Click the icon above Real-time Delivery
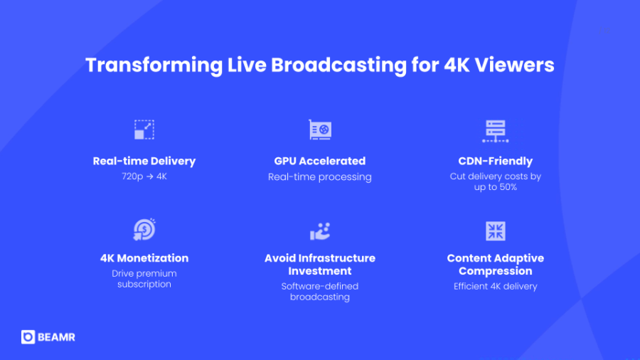[144, 129]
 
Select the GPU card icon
[320, 129]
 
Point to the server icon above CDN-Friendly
[496, 129]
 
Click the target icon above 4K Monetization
[144, 230]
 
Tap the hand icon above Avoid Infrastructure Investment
[320, 231]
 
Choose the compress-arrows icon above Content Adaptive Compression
[496, 231]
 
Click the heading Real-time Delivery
[144, 161]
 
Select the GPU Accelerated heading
[320, 161]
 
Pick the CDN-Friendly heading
[496, 161]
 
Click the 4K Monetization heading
[144, 258]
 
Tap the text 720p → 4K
[144, 176]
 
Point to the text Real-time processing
[320, 176]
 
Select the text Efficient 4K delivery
[496, 286]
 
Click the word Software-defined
[320, 286]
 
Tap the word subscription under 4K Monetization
[144, 284]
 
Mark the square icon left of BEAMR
[28, 337]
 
